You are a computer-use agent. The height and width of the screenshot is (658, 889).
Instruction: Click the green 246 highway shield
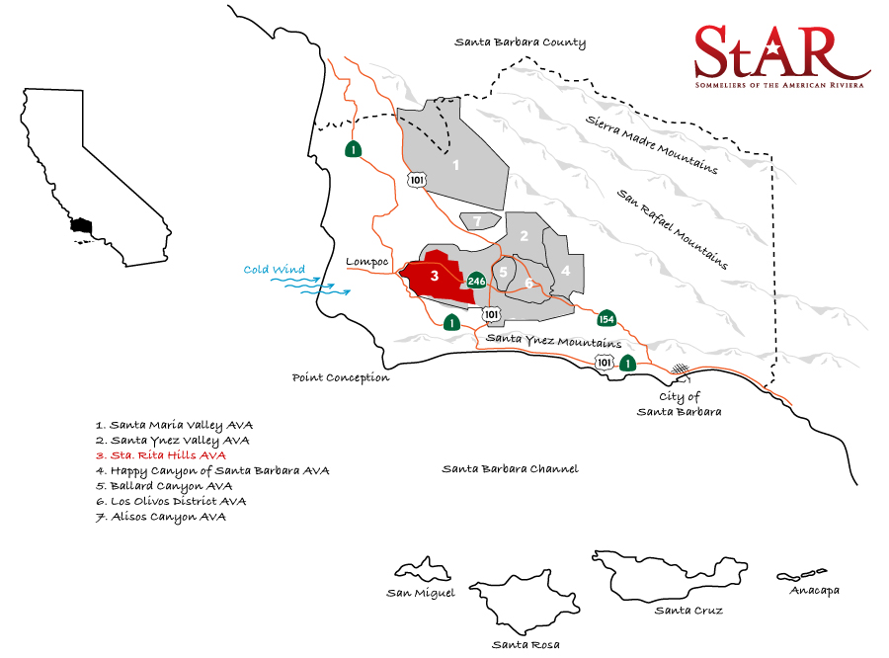(476, 281)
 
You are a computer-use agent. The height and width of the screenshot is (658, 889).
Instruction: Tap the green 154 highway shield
(606, 318)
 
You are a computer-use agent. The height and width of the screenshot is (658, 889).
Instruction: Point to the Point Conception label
(341, 377)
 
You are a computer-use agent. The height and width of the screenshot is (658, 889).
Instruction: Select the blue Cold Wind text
(275, 270)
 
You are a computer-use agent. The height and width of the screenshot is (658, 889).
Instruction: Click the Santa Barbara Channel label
(510, 469)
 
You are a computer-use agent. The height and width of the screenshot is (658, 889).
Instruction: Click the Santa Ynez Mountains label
(549, 340)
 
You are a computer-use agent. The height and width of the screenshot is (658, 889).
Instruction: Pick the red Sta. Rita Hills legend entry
(160, 455)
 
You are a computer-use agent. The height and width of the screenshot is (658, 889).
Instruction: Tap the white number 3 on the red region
(435, 275)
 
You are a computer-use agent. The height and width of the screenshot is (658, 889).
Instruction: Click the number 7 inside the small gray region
(477, 221)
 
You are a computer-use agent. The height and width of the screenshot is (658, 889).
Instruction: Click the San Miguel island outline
(424, 570)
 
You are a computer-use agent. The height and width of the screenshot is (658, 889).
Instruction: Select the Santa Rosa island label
(525, 644)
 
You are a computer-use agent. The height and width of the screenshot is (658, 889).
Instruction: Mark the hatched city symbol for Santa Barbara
(680, 370)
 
